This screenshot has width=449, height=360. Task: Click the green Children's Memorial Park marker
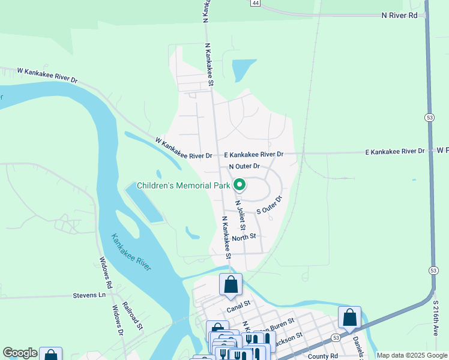[240, 185]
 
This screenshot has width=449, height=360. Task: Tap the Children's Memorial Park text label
[183, 186]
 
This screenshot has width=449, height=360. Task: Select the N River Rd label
[399, 16]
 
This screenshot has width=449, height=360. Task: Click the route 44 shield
[256, 4]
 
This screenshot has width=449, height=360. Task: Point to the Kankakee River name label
[131, 253]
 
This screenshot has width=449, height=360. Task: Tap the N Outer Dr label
[244, 166]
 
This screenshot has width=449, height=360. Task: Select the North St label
[244, 236]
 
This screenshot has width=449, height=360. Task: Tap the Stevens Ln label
[89, 295]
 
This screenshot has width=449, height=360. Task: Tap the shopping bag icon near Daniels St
[349, 318]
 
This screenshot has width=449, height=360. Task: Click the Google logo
[20, 353]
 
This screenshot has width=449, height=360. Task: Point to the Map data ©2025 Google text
[412, 355]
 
